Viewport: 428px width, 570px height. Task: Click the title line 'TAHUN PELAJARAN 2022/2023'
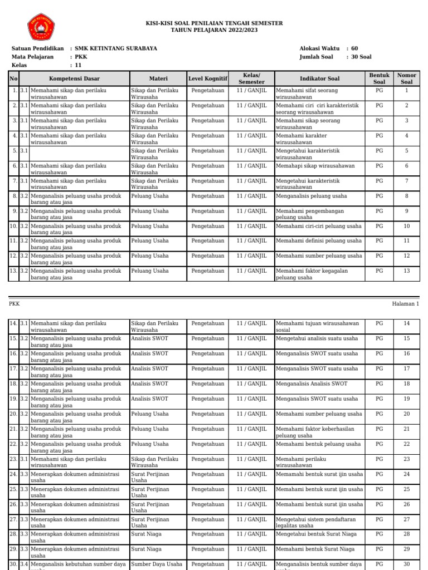tap(213, 30)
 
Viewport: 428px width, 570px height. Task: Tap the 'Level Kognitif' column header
tap(208, 78)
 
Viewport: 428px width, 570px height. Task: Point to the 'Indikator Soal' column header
tap(319, 78)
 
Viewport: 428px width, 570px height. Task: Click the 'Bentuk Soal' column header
tap(379, 78)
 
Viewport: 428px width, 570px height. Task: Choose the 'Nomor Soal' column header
tap(407, 78)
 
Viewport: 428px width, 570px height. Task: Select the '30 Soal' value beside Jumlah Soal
tap(361, 57)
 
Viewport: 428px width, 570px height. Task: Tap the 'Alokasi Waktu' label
tap(320, 49)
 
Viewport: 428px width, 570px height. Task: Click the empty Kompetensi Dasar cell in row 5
tap(79, 154)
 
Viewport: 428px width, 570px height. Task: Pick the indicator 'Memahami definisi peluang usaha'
tap(319, 241)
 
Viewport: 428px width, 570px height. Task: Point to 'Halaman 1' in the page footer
tap(405, 304)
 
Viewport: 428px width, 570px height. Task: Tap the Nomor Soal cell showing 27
tap(407, 519)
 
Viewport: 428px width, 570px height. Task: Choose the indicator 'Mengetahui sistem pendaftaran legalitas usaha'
tap(315, 522)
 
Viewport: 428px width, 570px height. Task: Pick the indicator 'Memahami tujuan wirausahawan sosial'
tap(318, 326)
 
